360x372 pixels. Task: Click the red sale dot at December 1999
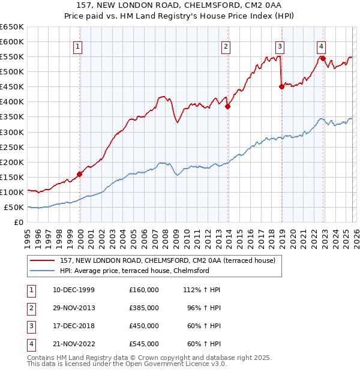click(80, 174)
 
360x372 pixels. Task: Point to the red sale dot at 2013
click(227, 106)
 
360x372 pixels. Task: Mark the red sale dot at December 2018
click(281, 86)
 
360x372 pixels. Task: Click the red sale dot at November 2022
click(323, 58)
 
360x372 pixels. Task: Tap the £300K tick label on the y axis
click(12, 132)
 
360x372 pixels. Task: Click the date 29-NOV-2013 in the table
click(74, 308)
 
